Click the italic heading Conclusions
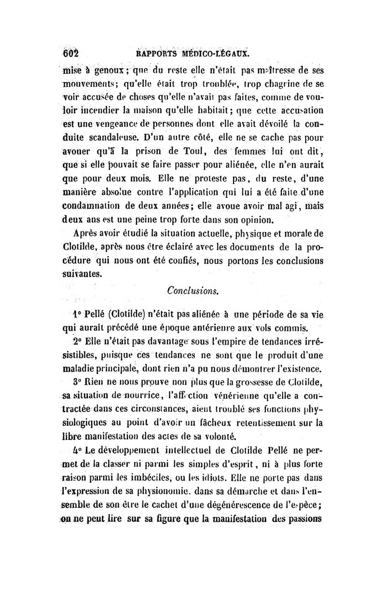pos(193,292)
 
